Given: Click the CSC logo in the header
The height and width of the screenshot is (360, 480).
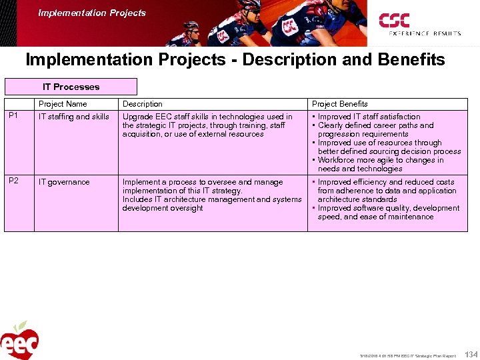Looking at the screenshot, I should click(x=394, y=20).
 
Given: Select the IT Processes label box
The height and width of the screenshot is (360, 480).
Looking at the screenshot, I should click(x=71, y=87).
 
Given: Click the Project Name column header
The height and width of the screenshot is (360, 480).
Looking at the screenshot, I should click(x=63, y=104).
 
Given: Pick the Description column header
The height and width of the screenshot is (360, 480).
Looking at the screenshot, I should click(x=142, y=104).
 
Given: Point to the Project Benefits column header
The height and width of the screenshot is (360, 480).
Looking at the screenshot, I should click(x=340, y=104).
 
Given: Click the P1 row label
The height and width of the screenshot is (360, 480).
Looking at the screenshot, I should click(x=13, y=117).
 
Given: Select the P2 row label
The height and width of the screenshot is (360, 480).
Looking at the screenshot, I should click(x=13, y=182).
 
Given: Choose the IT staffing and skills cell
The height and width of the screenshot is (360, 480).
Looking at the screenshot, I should click(x=74, y=117).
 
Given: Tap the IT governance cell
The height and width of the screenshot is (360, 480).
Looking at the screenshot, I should click(x=64, y=182).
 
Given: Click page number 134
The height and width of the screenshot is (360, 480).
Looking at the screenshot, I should click(x=471, y=353).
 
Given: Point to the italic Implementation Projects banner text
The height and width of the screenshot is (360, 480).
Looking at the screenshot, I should click(x=92, y=13).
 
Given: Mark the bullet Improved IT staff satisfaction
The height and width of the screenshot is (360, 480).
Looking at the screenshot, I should click(x=369, y=117).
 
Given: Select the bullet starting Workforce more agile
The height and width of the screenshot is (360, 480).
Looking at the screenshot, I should click(x=380, y=160).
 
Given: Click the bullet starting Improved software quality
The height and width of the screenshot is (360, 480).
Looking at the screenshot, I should click(x=388, y=208).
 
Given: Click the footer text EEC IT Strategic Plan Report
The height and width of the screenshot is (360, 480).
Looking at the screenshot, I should click(x=427, y=355).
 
